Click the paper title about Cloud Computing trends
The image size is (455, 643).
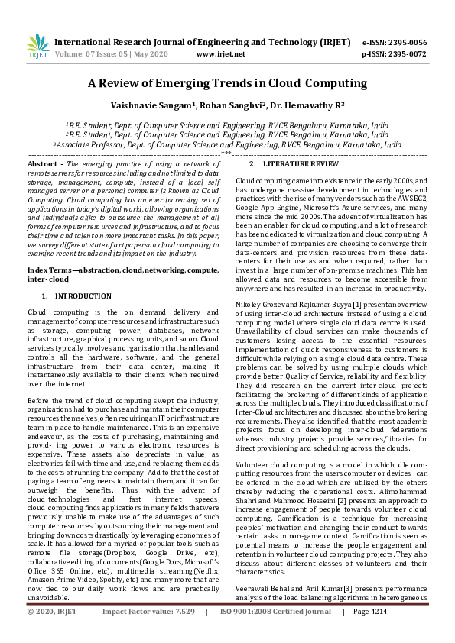pyautogui.click(x=228, y=83)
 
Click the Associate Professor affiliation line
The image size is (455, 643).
pyautogui.click(x=227, y=144)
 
